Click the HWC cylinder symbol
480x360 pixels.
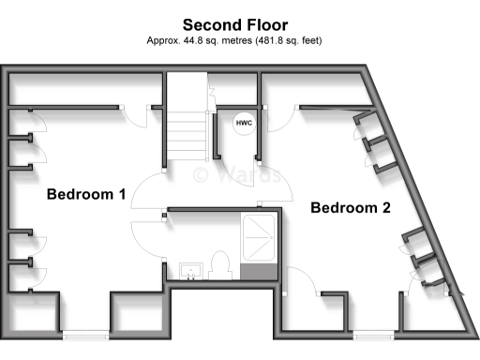coord(243,123)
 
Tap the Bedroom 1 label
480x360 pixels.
coord(86,195)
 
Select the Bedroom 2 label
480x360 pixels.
coord(350,207)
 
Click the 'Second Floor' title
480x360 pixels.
coord(235,24)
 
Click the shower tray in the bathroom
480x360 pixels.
coord(258,238)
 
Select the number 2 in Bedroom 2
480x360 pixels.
coord(384,207)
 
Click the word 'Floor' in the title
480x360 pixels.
coord(267,24)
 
